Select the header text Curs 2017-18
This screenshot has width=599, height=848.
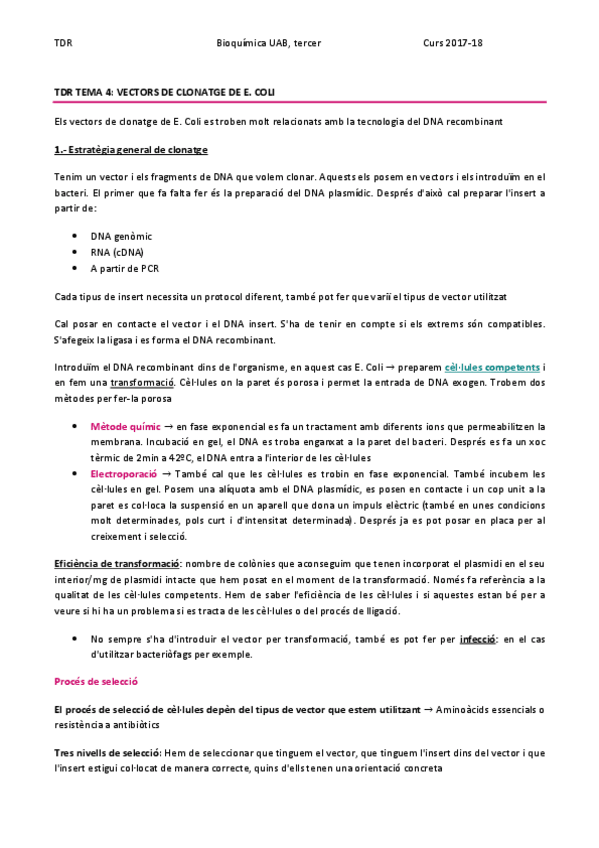452,44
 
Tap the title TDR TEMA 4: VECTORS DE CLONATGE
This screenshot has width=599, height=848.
165,92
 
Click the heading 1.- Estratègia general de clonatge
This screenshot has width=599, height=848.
130,150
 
